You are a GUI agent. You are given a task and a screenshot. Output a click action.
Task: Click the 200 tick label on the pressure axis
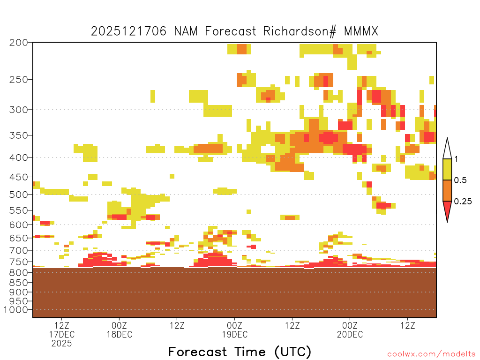click(x=19, y=43)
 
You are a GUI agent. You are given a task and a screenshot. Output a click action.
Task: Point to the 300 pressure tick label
click(x=19, y=110)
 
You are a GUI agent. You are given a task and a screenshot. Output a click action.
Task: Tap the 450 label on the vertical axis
click(x=19, y=177)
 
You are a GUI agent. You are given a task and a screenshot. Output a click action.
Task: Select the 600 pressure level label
click(x=19, y=225)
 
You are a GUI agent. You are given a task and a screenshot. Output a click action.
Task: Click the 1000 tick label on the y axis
click(x=16, y=310)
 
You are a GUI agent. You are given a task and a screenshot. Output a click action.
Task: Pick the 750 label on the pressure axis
click(x=19, y=262)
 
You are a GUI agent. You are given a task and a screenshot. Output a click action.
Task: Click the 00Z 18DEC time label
click(x=120, y=330)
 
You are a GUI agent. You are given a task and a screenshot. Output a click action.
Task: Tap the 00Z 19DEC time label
click(x=235, y=330)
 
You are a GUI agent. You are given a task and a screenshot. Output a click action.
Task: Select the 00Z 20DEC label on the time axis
click(x=350, y=330)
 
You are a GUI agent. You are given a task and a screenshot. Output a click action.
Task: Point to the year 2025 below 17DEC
click(x=61, y=344)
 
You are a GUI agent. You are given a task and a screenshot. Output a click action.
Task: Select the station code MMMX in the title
click(x=361, y=31)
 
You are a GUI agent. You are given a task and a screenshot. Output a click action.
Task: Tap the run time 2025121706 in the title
click(x=128, y=31)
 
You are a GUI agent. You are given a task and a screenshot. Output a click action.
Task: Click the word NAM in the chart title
click(x=186, y=31)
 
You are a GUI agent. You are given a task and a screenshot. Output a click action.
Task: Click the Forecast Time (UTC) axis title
click(x=240, y=352)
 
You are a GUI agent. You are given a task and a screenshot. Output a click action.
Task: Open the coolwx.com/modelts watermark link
click(x=431, y=354)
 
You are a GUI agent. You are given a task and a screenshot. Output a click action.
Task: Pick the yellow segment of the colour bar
click(x=447, y=169)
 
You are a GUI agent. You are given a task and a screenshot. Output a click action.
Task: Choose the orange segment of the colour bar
click(x=447, y=190)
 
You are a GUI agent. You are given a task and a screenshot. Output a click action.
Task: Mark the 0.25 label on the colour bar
click(x=463, y=202)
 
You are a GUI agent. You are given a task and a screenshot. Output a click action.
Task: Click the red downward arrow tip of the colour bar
click(x=447, y=222)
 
